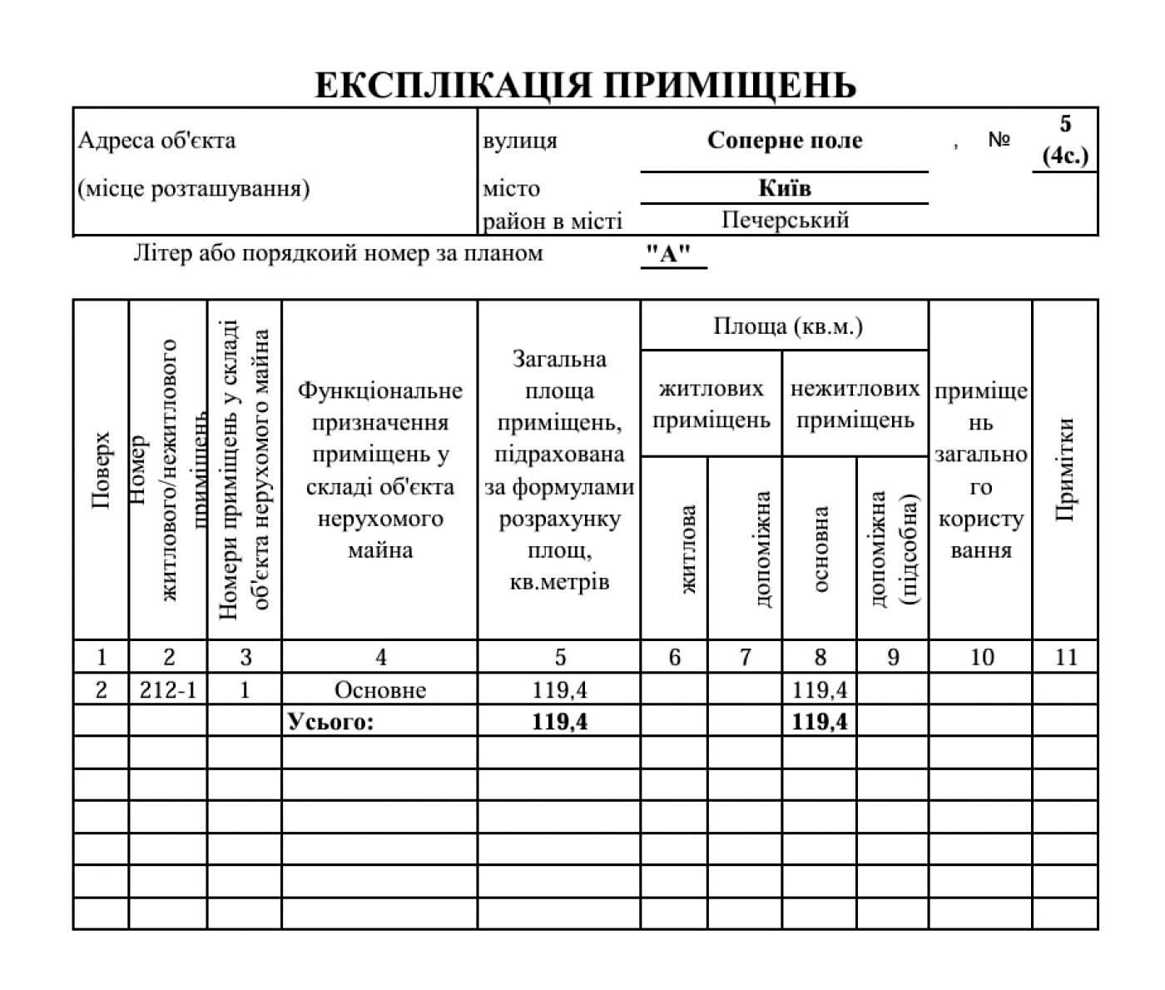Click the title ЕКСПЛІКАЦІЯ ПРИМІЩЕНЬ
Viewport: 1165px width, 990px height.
585,85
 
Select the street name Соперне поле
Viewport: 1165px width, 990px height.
784,140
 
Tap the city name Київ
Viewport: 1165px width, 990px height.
784,187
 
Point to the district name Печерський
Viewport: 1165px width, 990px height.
785,220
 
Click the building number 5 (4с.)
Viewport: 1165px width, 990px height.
1065,140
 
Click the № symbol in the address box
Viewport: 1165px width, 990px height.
999,140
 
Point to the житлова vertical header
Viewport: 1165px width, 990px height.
688,550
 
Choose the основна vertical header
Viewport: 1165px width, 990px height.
820,550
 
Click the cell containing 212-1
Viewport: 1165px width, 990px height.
168,689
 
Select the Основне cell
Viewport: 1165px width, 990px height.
379,689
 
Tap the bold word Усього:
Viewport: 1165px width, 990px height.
330,721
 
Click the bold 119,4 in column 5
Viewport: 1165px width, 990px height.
559,721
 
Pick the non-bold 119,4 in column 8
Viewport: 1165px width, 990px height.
820,689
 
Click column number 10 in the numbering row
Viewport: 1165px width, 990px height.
981,657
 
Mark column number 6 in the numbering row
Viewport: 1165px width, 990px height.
674,657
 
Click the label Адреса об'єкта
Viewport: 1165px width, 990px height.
156,140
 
